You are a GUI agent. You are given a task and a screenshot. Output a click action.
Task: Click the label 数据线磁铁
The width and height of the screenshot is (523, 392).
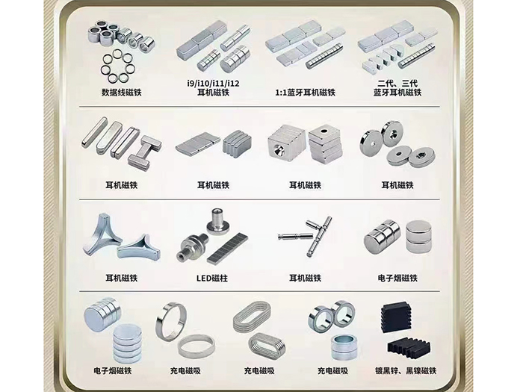click(121, 93)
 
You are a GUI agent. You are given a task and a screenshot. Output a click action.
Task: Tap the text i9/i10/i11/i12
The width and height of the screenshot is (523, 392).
click(213, 83)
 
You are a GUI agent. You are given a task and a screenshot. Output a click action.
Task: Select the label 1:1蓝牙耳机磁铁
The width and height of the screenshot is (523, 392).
click(305, 93)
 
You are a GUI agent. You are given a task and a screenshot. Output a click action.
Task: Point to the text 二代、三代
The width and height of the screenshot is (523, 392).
click(397, 83)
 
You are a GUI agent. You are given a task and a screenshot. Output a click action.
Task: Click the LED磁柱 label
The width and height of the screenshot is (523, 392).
click(212, 278)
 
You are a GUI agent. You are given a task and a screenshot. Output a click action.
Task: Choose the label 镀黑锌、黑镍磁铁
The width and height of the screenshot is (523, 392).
click(406, 370)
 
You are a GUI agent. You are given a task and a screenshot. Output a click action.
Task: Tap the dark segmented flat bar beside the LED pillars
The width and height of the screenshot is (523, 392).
click(227, 248)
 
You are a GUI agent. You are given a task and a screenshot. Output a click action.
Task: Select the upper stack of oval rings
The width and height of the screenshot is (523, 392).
click(252, 317)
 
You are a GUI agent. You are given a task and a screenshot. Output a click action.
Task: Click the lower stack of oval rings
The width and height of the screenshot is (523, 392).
click(267, 346)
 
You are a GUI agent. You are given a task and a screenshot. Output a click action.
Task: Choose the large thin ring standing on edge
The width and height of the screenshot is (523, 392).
click(172, 321)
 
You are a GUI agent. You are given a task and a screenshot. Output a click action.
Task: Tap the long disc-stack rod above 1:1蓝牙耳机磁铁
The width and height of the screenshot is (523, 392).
click(324, 56)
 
